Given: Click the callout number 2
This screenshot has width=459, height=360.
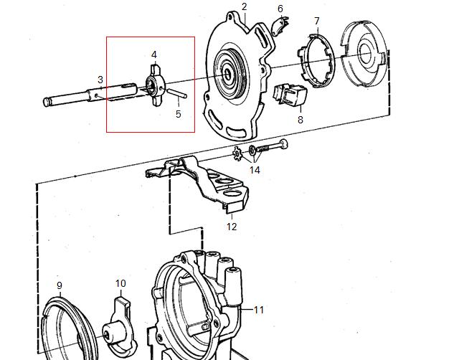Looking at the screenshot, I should point(245,6).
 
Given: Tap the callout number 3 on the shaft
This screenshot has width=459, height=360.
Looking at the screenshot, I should point(100,80).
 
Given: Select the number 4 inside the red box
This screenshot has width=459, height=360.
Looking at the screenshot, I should point(153,55).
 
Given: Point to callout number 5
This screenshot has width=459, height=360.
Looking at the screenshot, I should point(179,113).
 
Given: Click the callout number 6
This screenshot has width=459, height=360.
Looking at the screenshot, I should point(280,9).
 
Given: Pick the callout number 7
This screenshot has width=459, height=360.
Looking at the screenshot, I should point(316,21).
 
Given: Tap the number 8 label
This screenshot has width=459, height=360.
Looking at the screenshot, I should point(300,120).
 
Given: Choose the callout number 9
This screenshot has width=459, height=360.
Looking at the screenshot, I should point(60,285).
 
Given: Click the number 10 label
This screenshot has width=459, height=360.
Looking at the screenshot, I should point(120,284).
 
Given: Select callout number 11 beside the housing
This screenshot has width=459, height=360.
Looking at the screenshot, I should point(259,310).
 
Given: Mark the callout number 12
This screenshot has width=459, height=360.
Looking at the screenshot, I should point(232,227).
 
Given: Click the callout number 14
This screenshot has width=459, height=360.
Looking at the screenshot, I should point(255,170).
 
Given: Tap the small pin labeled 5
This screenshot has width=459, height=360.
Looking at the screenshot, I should point(179,93).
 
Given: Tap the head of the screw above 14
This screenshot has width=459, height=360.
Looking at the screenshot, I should point(285,144).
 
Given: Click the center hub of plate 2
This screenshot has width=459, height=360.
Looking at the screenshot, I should point(229,72).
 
